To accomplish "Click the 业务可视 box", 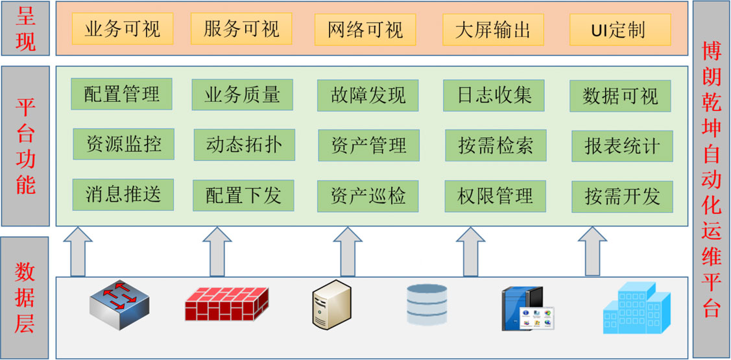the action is [123, 29].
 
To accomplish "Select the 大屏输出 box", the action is [493, 29].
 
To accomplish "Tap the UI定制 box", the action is [620, 29].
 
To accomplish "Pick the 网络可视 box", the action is [365, 29].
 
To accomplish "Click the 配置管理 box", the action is [122, 94].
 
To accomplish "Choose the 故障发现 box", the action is [368, 95].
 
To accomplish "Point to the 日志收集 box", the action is [494, 95].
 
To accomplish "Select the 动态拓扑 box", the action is [245, 145].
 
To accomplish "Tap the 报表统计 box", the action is [623, 146].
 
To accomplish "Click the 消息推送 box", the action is [123, 195].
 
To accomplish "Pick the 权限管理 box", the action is [495, 196].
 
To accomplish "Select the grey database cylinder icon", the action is [427, 304].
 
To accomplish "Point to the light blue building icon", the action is [636, 307].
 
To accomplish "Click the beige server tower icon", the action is [331, 304].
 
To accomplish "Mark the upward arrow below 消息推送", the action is [78, 251].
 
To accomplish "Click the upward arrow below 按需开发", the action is [592, 251].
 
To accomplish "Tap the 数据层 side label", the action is [25, 298].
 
